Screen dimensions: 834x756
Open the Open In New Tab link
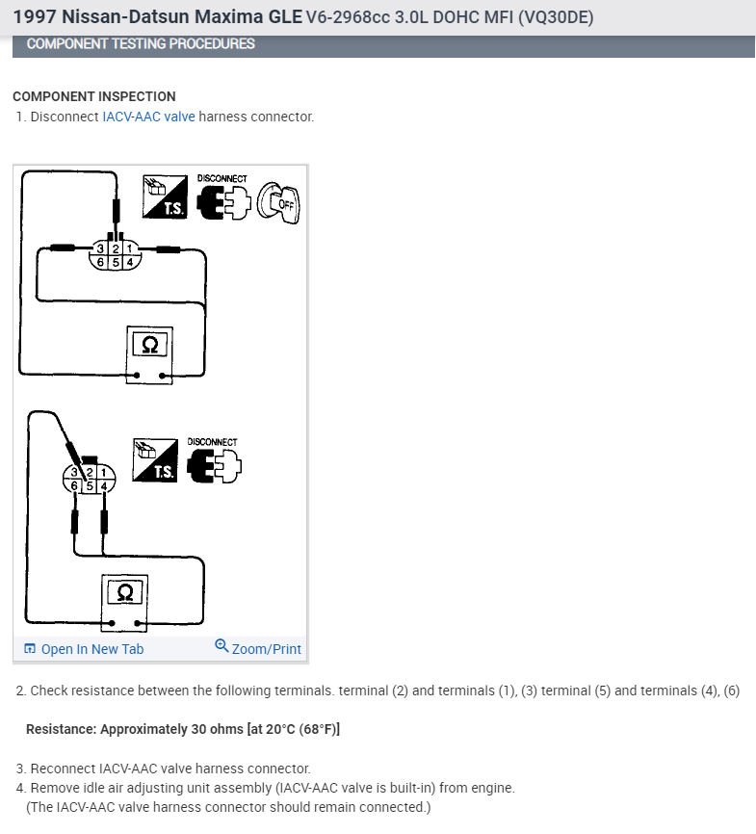91,649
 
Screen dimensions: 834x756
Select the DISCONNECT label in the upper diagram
222,179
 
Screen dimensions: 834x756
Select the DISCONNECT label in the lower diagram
212,442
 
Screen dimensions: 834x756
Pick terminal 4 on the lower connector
104,486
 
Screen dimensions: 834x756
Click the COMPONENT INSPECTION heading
94,96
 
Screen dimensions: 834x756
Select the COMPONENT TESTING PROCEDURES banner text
141,44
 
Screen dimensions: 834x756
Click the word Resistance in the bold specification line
60,729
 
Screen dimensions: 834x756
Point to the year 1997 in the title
34,16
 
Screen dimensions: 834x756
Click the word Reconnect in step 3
63,769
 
